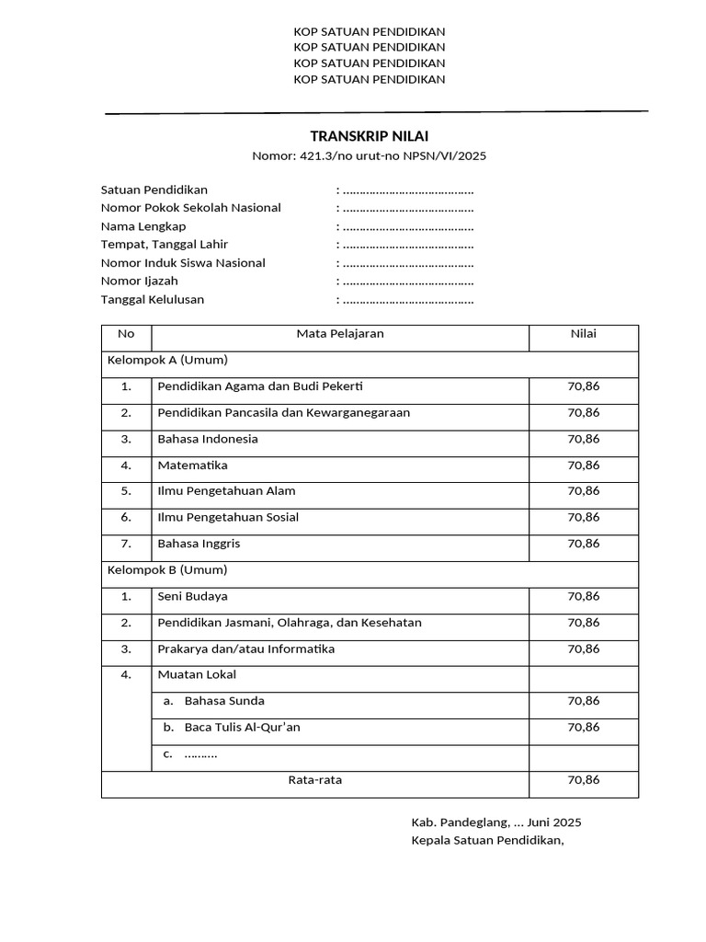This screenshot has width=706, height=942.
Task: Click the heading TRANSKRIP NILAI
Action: click(369, 136)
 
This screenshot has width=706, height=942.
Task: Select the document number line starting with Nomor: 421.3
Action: click(369, 155)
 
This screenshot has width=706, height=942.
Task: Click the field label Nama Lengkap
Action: click(143, 226)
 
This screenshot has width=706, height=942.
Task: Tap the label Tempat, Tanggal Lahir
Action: click(165, 245)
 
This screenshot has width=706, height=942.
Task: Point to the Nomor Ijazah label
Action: click(140, 281)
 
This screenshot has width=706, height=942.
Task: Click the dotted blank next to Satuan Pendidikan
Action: click(407, 190)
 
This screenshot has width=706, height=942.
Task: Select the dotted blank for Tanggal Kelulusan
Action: click(407, 300)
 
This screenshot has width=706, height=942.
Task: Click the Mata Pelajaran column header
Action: click(339, 334)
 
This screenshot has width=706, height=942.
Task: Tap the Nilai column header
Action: click(583, 334)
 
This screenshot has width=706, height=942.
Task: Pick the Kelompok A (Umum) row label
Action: click(168, 360)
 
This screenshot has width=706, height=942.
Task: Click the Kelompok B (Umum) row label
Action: click(168, 570)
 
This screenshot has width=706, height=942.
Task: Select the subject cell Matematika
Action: click(192, 465)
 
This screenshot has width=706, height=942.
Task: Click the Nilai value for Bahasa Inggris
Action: click(583, 544)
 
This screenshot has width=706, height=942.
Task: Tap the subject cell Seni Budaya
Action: click(192, 597)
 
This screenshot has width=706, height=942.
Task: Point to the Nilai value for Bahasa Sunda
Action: click(583, 701)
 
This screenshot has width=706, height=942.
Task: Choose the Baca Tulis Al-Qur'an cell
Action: click(242, 728)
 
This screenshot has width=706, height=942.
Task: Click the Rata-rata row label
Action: click(315, 780)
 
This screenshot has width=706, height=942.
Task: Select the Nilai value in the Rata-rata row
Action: click(583, 780)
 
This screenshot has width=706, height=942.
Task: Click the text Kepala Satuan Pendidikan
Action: click(487, 841)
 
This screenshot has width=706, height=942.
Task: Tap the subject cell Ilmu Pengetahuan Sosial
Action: click(228, 518)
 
